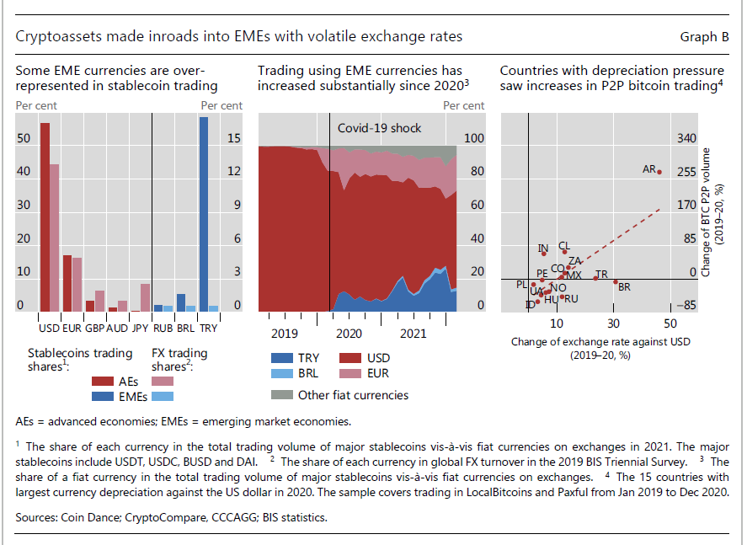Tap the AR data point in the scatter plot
pos(659,172)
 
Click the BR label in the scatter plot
pos(624,287)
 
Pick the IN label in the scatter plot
pos(543,248)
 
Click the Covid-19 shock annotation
pos(379,128)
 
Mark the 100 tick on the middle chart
pos(475,138)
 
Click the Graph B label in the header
pos(704,37)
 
